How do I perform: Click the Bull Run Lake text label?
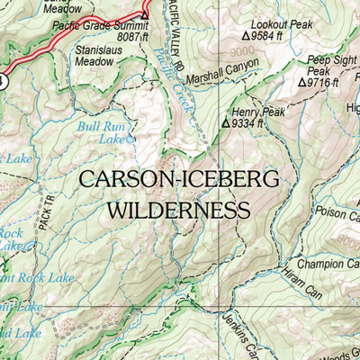coord(101,132)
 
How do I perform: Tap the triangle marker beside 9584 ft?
coord(247,38)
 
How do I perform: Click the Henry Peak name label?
coord(256,112)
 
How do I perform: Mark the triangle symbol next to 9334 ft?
coord(226,123)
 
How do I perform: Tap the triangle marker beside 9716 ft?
coord(302,81)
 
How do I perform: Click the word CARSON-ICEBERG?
coord(176,179)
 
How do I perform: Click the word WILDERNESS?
coord(176,211)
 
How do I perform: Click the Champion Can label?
coord(328,265)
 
